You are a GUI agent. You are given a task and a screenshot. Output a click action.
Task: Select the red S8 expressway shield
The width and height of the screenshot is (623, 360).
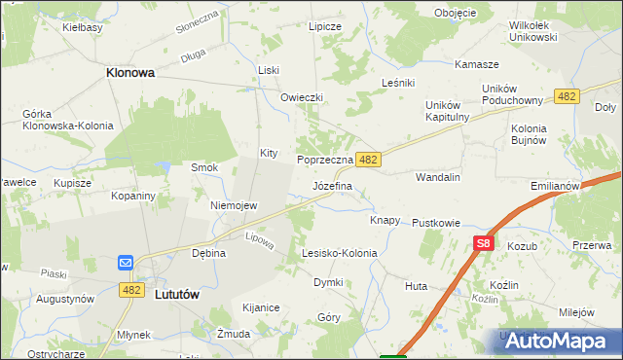(x=485, y=245)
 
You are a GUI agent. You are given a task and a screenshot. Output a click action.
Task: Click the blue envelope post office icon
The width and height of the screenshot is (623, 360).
(x=126, y=263)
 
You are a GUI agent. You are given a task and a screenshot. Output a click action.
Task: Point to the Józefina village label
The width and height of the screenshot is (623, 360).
(x=332, y=185)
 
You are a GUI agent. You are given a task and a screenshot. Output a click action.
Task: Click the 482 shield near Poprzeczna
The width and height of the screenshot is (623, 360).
(x=367, y=159)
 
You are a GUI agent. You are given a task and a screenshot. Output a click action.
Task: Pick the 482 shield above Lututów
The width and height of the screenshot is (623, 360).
(x=132, y=290)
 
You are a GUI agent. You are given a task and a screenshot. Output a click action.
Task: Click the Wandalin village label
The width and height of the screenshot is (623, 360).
(x=437, y=178)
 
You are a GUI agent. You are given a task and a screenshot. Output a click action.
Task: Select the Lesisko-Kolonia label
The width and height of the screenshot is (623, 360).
(x=339, y=253)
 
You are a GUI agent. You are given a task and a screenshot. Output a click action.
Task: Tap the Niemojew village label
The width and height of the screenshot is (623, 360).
(x=234, y=205)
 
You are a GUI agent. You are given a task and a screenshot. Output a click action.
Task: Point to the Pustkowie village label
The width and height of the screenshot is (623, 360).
(x=435, y=223)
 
